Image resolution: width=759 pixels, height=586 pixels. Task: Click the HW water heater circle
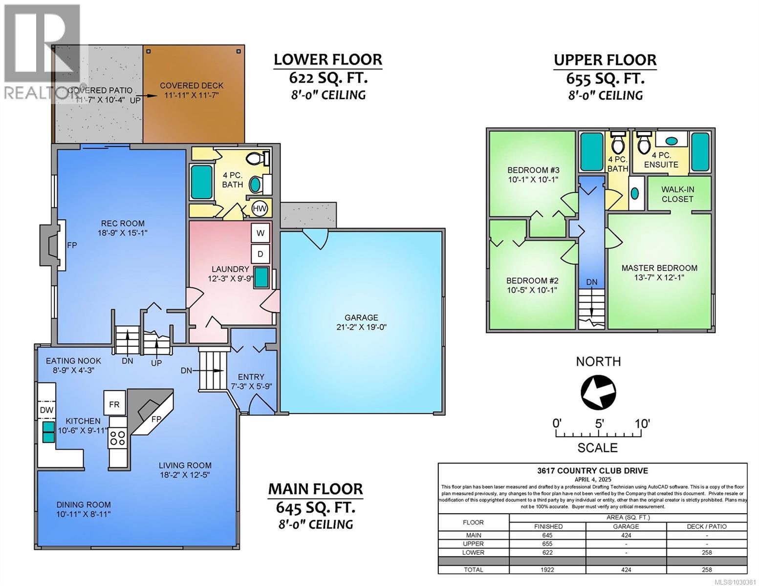[260, 209]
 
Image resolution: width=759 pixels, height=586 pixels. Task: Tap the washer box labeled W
[260, 233]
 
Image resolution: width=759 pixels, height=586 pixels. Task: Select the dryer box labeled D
[260, 254]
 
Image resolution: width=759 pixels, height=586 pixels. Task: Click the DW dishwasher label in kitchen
[46, 410]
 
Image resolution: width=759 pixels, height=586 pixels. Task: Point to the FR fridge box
[114, 404]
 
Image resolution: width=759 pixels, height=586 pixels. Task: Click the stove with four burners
[117, 438]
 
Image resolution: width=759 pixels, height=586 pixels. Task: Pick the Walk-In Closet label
[677, 194]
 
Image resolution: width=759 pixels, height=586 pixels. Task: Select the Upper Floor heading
[605, 60]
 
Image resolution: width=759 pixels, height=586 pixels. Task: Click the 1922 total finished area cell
[547, 569]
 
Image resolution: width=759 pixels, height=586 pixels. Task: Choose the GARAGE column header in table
[626, 526]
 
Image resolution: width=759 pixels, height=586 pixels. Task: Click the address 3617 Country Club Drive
[592, 471]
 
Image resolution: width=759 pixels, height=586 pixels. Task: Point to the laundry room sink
[261, 277]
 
